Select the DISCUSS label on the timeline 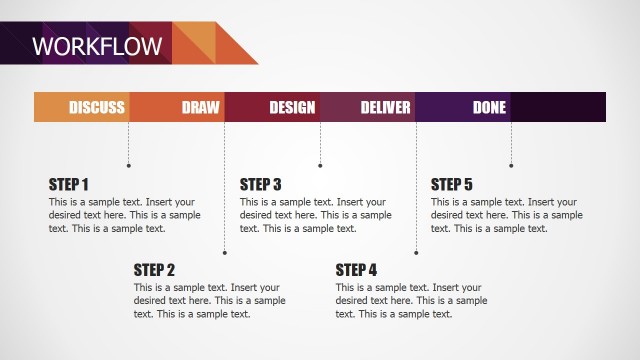pyautogui.click(x=97, y=108)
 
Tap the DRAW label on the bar pyautogui.click(x=200, y=108)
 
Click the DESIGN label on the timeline pyautogui.click(x=292, y=108)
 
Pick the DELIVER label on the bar pyautogui.click(x=386, y=108)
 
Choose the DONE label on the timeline pyautogui.click(x=489, y=108)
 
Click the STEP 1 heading pyautogui.click(x=69, y=184)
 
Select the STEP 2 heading pyautogui.click(x=154, y=269)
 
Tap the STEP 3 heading pyautogui.click(x=260, y=184)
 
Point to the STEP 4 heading pyautogui.click(x=356, y=269)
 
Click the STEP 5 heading pyautogui.click(x=451, y=184)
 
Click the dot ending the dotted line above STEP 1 pyautogui.click(x=128, y=165)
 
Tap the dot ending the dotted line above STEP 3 pyautogui.click(x=320, y=165)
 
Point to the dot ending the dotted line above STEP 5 pyautogui.click(x=511, y=165)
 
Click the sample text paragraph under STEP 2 pyautogui.click(x=209, y=300)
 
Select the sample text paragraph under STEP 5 pyautogui.click(x=506, y=215)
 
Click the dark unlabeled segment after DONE pyautogui.click(x=558, y=108)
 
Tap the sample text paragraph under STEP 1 pyautogui.click(x=124, y=215)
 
